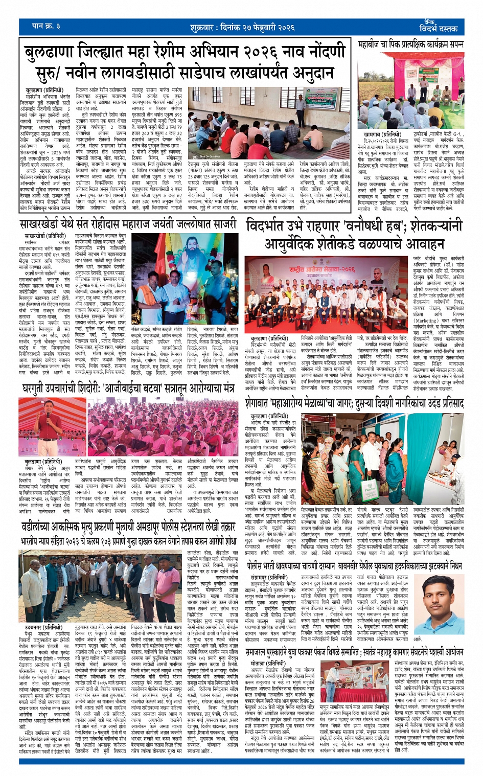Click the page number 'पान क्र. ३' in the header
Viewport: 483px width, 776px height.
(x=46, y=26)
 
